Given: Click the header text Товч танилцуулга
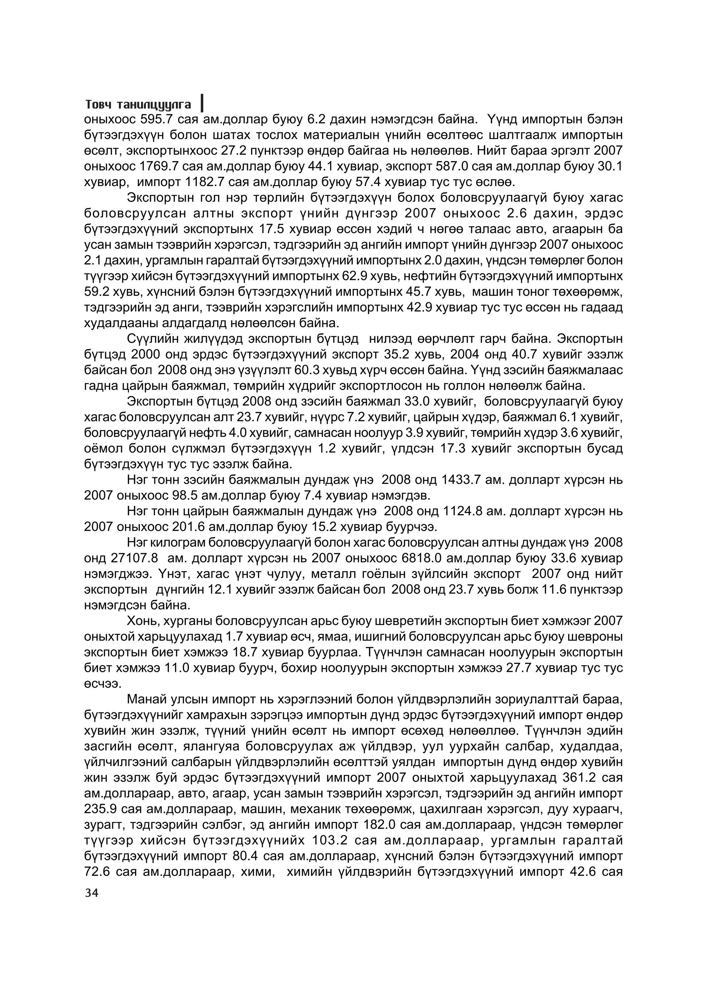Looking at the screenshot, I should [138, 105].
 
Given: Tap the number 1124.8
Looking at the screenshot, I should [463, 511].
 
